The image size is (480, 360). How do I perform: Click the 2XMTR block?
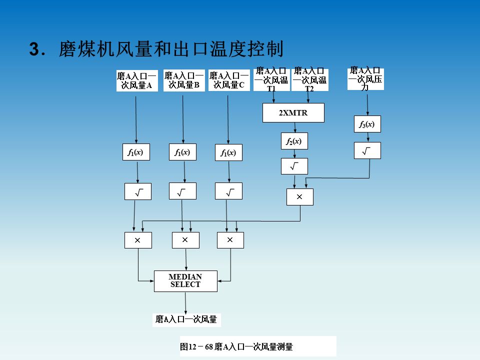[293, 112]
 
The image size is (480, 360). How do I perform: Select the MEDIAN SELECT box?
[185, 281]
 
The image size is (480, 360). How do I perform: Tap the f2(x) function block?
[294, 141]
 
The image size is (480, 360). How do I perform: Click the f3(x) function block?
[367, 124]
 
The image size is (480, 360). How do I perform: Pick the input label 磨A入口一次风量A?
[136, 80]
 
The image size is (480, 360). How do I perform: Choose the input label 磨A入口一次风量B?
[184, 80]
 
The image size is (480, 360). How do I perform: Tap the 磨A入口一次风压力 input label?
[365, 78]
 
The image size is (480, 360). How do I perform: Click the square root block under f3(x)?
[367, 150]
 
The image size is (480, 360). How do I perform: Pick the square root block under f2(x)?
[294, 166]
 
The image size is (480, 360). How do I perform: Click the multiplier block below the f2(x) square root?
[300, 197]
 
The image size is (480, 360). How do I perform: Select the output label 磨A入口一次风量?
[186, 319]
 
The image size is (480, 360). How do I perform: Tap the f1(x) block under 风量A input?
[136, 152]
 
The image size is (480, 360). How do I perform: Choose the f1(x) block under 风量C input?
[228, 152]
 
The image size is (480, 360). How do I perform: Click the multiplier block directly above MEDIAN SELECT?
[185, 240]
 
